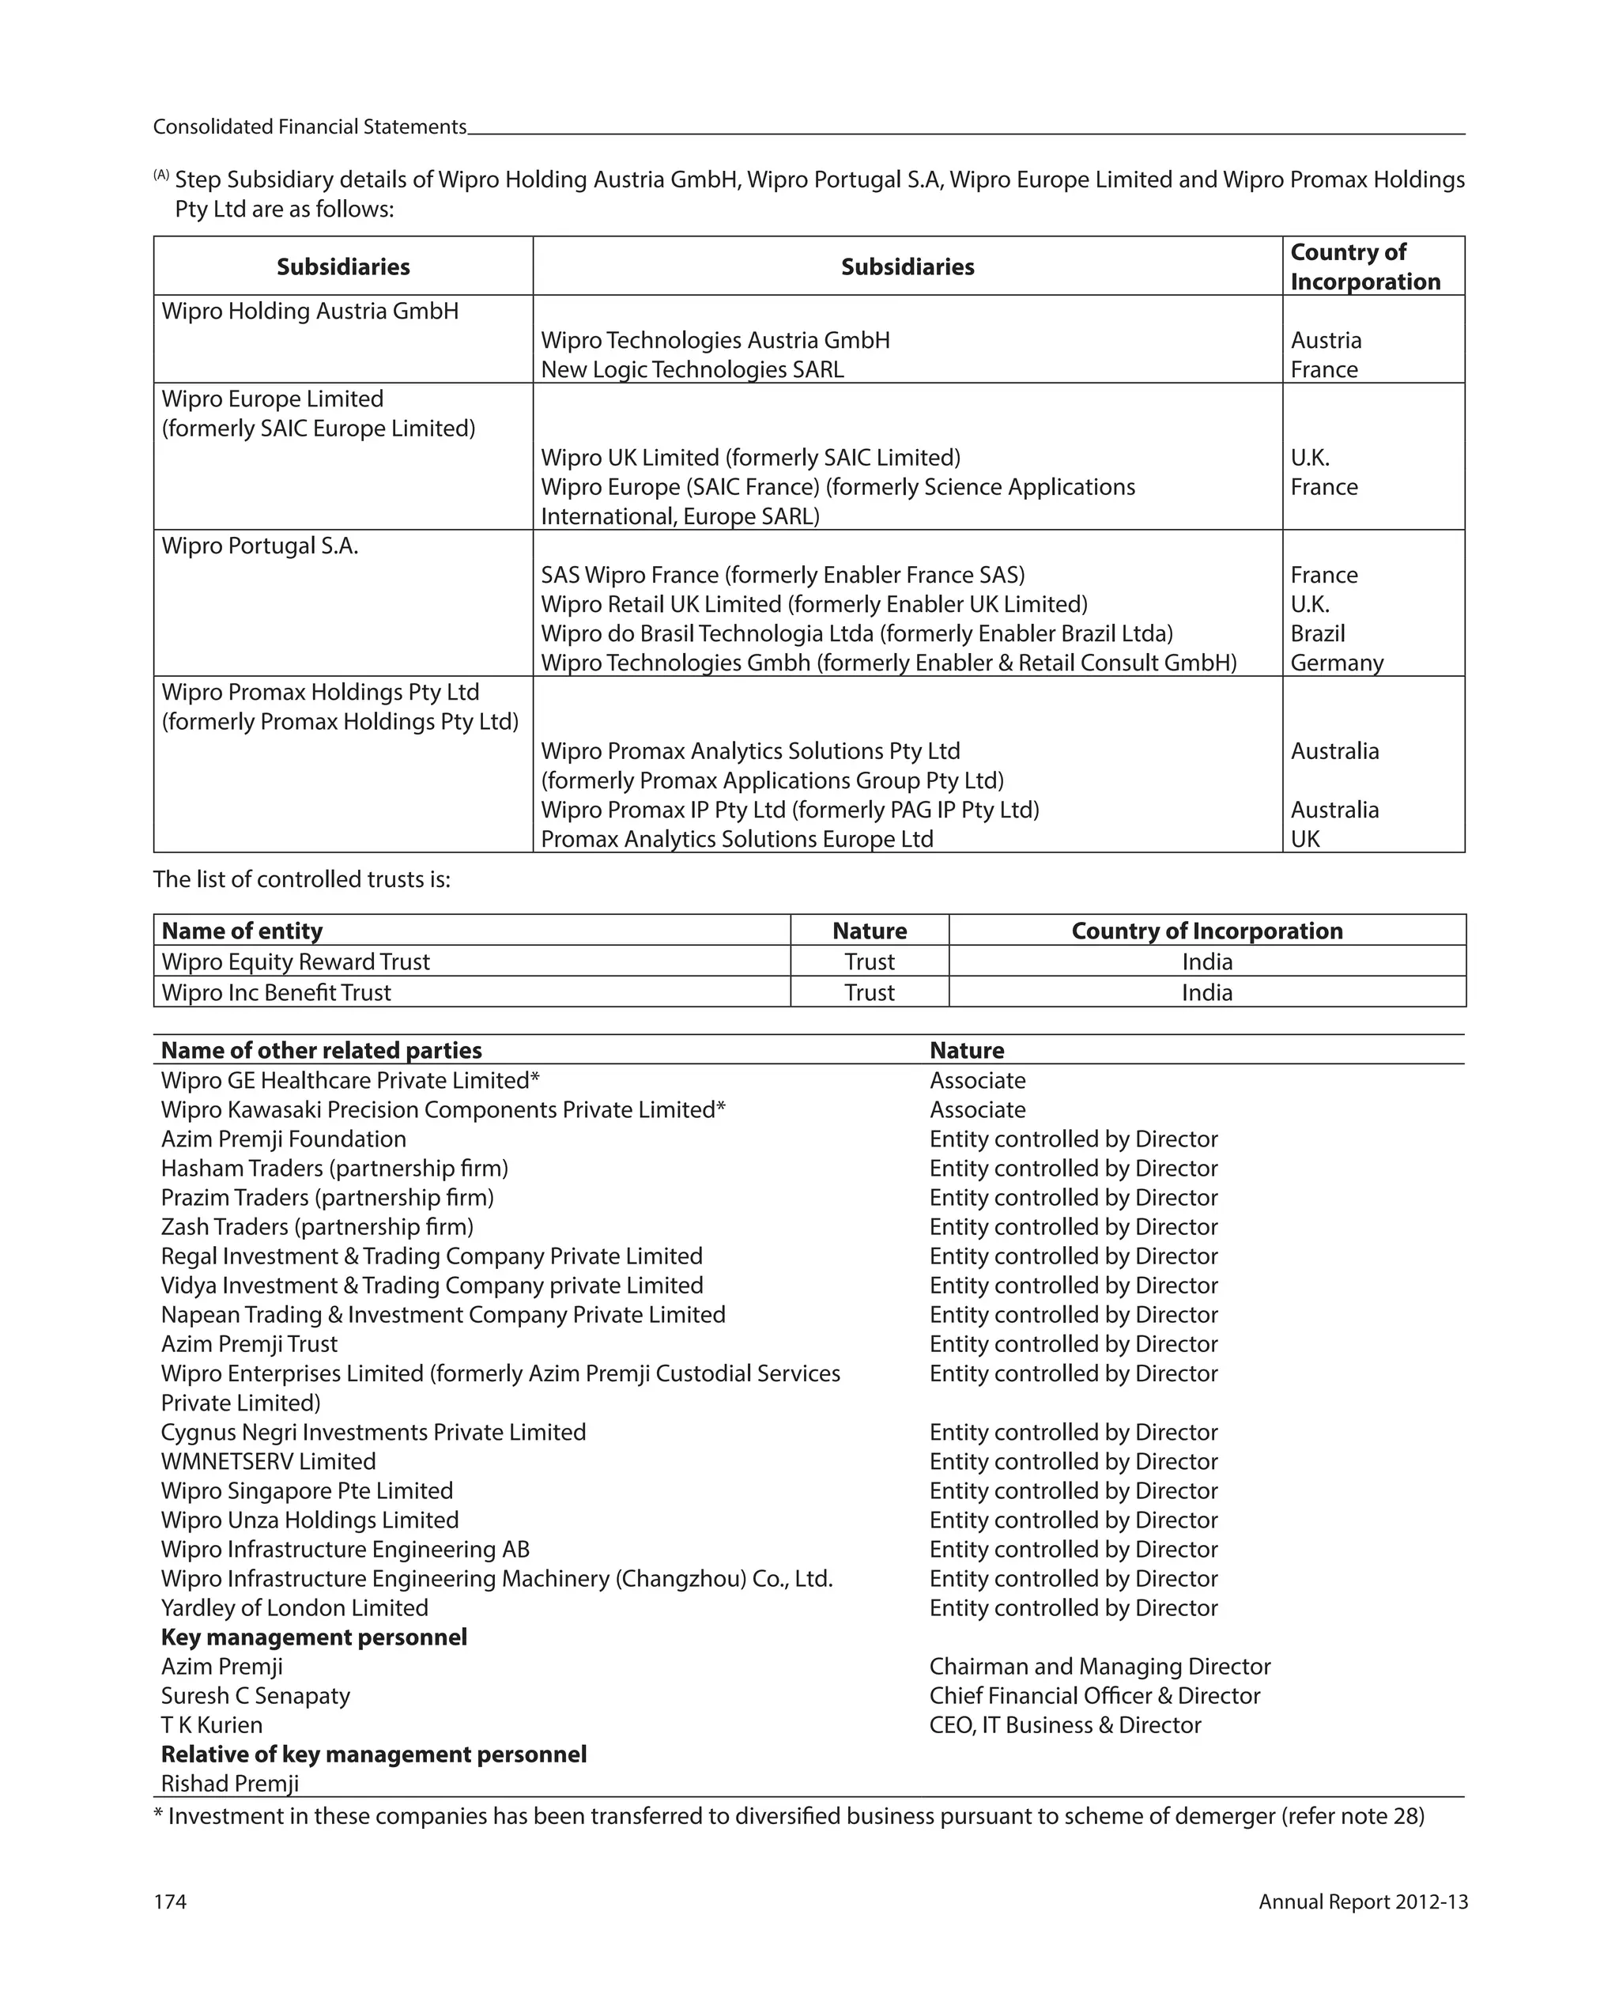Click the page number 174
[170, 1902]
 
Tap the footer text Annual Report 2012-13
[1362, 1902]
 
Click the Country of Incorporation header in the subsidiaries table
[1364, 267]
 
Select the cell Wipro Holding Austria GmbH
[310, 311]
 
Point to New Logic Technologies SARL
[692, 370]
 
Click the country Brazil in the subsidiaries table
[1318, 634]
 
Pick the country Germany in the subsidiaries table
[1336, 663]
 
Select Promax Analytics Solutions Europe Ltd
[737, 840]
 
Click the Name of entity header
[242, 931]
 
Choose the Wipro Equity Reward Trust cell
[295, 961]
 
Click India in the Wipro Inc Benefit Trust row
[1206, 992]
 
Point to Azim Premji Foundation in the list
[283, 1139]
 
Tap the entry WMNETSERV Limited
[268, 1462]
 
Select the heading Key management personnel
[314, 1637]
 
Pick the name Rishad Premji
[230, 1785]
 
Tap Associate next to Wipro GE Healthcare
[978, 1080]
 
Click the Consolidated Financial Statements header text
[309, 127]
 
